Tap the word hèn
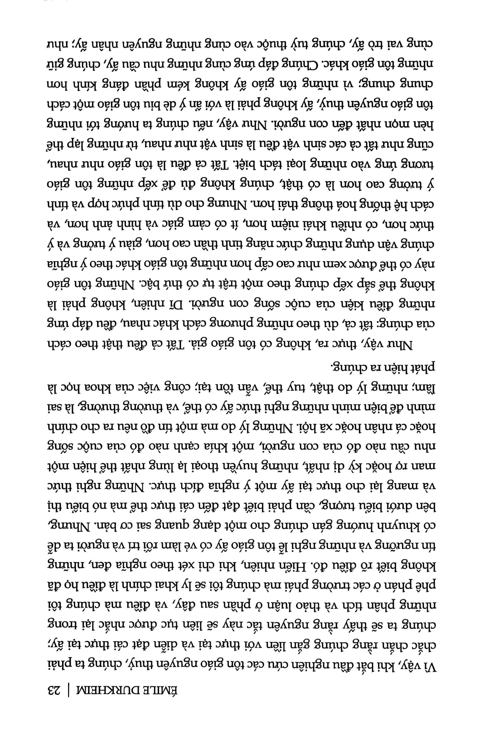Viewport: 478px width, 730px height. click(x=427, y=124)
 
